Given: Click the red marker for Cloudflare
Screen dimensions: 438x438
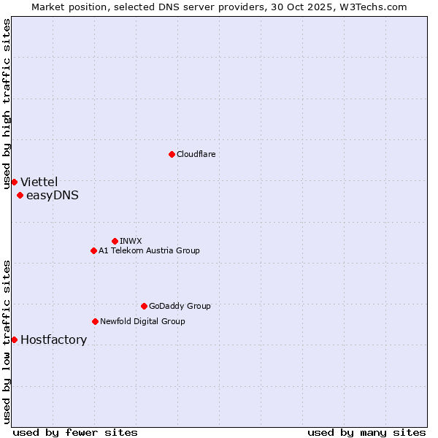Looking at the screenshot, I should click(172, 154).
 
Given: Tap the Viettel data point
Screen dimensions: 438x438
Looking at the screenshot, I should click(14, 182).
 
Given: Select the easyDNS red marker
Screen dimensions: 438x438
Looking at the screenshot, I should click(20, 195).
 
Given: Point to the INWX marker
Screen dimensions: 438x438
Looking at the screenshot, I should click(115, 241).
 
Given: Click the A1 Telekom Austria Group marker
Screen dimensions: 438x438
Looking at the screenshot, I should click(93, 250).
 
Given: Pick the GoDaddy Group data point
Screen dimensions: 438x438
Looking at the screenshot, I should click(144, 306).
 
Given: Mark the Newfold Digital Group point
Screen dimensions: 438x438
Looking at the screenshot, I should click(95, 321).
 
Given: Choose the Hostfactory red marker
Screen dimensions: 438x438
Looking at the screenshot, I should click(14, 339).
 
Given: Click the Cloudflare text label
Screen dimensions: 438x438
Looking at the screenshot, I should click(196, 154).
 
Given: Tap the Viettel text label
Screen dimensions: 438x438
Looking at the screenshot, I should click(39, 182).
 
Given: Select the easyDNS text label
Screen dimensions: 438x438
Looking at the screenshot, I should click(52, 195).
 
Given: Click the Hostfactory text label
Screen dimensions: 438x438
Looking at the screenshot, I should click(53, 339).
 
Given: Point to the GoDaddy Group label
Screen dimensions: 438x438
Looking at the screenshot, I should click(180, 306).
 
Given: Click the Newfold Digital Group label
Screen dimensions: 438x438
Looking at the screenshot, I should click(142, 321).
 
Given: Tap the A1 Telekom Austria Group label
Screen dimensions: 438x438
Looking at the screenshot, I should click(149, 250).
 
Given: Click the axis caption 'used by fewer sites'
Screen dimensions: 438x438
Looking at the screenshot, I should click(75, 432).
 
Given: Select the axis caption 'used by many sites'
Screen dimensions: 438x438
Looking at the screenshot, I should click(366, 432).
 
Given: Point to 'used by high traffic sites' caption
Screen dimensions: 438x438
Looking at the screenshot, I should click(7, 104).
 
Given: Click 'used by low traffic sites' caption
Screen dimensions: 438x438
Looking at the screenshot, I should click(7, 341).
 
